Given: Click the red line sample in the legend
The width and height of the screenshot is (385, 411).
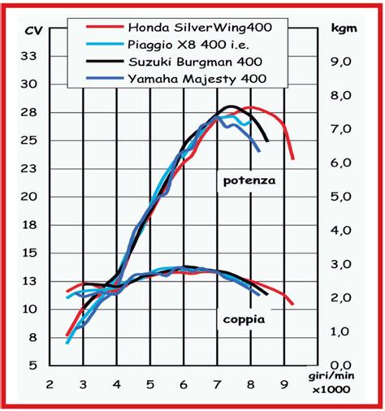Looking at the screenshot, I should tap(106, 28).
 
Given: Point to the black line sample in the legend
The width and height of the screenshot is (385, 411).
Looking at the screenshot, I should tap(106, 62).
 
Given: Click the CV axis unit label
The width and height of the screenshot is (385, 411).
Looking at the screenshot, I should tap(33, 31).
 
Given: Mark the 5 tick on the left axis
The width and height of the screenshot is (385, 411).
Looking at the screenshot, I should tap(32, 366).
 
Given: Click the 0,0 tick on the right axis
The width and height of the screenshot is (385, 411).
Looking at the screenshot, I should tap(342, 366).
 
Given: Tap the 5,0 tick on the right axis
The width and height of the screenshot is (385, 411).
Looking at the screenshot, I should tap(342, 197).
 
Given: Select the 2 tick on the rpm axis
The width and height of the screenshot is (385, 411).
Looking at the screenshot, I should tap(50, 384).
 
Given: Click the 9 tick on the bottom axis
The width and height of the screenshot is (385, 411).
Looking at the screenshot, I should tap(283, 384).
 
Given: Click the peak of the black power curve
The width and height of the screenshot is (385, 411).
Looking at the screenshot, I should tap(232, 106).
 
